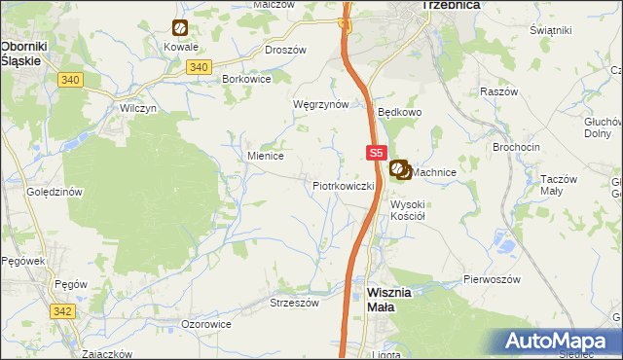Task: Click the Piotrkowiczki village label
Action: pyautogui.click(x=344, y=185)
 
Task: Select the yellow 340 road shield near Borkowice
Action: pyautogui.click(x=198, y=66)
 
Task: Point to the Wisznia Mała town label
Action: pyautogui.click(x=394, y=299)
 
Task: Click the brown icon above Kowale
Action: pyautogui.click(x=180, y=28)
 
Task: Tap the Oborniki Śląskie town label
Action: pyautogui.click(x=20, y=53)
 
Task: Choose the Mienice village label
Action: pyautogui.click(x=265, y=155)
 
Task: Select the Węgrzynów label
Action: pyautogui.click(x=320, y=103)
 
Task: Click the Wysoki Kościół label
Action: pyautogui.click(x=409, y=210)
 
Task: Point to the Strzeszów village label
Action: pyautogui.click(x=294, y=303)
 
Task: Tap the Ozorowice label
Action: pyautogui.click(x=206, y=323)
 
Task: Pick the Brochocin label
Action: pyautogui.click(x=517, y=147)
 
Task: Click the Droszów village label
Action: pyautogui.click(x=285, y=49)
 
